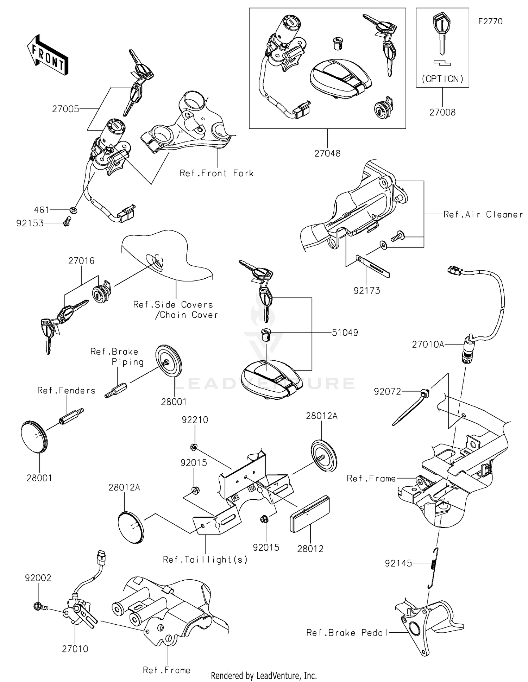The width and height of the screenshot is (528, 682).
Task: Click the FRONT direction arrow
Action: (x=47, y=56)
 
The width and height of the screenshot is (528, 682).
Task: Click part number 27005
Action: (x=65, y=109)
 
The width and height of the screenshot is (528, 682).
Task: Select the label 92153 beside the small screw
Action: (x=30, y=223)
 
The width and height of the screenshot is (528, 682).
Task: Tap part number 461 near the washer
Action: (x=42, y=210)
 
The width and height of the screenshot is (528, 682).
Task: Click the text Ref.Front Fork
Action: (x=216, y=173)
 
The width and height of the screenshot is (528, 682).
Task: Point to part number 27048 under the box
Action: (x=327, y=153)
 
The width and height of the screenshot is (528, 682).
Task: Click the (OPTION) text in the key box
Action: (x=442, y=79)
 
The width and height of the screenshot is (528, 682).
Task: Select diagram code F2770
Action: (x=490, y=21)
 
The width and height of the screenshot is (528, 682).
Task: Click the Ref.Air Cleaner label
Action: (x=483, y=214)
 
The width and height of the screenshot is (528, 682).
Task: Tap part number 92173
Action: (x=367, y=290)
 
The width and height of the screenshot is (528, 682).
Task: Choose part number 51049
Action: (x=345, y=333)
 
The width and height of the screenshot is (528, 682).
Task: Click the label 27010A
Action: (x=428, y=344)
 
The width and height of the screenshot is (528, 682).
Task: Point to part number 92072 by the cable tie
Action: (x=387, y=391)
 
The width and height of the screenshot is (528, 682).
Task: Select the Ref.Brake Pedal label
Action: (x=347, y=633)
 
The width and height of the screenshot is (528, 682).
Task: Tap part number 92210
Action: (x=195, y=419)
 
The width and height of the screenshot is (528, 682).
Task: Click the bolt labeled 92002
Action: (x=37, y=606)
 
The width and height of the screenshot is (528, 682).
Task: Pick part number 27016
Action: (x=81, y=261)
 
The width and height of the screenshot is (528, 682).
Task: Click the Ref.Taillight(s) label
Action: (x=205, y=560)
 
